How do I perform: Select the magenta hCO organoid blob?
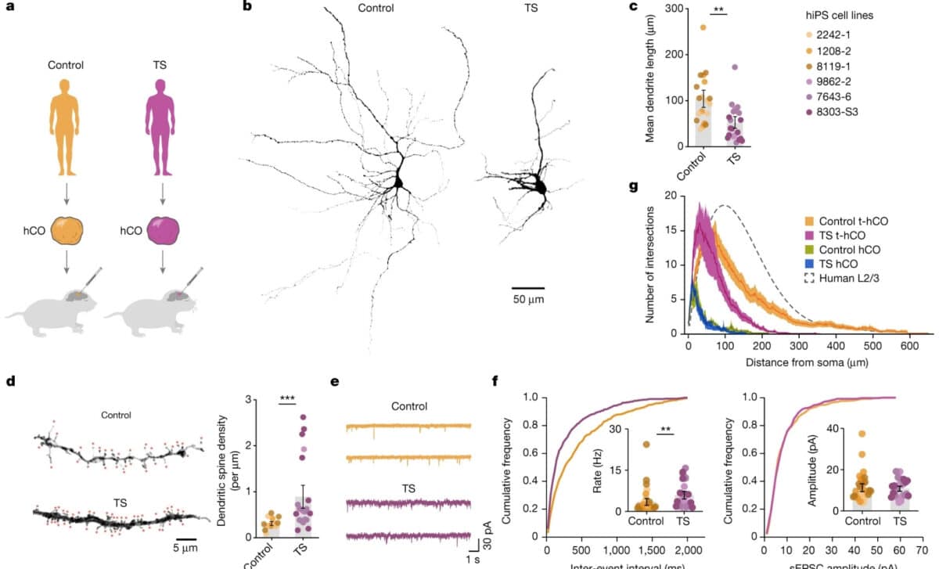163,231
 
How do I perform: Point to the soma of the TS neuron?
539,185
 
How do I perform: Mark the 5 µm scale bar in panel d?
185,538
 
